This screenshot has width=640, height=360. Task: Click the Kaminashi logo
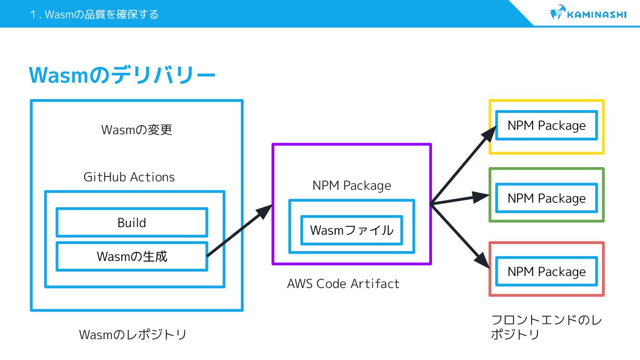click(x=588, y=14)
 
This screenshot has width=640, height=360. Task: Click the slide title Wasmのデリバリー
click(x=122, y=76)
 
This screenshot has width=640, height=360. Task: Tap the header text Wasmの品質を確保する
click(x=94, y=15)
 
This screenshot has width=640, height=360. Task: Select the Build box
click(x=132, y=222)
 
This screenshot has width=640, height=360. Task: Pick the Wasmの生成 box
click(x=132, y=256)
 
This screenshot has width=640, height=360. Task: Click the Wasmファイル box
click(x=352, y=230)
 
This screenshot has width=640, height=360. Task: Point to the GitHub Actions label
click(x=129, y=177)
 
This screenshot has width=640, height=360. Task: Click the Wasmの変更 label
click(x=136, y=130)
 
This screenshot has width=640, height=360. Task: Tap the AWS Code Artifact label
click(x=343, y=284)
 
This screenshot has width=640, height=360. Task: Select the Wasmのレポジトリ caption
click(x=132, y=335)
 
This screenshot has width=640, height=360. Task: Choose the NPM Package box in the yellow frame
click(x=546, y=125)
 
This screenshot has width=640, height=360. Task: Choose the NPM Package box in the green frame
click(x=546, y=198)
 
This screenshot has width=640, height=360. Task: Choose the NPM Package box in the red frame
click(x=546, y=272)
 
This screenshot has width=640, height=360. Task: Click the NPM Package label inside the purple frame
click(x=352, y=185)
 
